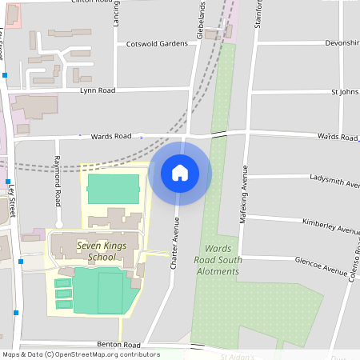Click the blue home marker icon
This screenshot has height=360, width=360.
(180, 173)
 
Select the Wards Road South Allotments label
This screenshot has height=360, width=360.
(218, 260)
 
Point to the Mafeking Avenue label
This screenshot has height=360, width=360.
(245, 192)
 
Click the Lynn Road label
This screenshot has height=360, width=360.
(98, 90)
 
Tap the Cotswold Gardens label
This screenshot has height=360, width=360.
(157, 44)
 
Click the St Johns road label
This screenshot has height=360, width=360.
(344, 91)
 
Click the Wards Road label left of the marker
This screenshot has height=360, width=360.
(110, 136)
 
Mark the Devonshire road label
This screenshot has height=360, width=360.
(342, 42)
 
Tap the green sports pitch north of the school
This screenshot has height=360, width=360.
(113, 190)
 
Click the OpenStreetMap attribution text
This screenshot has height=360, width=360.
(80, 354)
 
